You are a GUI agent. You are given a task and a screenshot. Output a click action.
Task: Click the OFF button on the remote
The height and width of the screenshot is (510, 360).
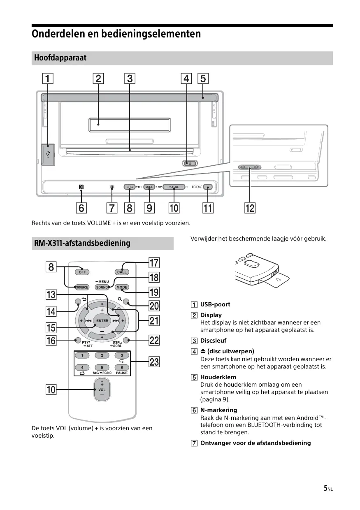[x=82, y=272]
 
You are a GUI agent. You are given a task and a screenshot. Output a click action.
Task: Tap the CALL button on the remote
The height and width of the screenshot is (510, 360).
[x=122, y=272]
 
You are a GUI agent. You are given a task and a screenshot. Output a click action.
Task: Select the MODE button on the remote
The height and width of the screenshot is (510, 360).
[x=122, y=287]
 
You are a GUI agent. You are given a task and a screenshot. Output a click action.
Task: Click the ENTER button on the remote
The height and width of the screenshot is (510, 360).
[x=102, y=320]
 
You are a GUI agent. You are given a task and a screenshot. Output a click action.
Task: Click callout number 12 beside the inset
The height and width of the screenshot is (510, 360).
[x=250, y=208]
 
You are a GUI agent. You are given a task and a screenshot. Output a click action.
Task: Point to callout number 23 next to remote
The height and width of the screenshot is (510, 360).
[x=154, y=362]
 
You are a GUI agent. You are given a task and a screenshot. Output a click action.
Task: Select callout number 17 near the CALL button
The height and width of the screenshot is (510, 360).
[x=154, y=262]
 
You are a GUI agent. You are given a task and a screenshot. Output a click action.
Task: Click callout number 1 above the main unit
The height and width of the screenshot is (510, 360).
[x=48, y=78]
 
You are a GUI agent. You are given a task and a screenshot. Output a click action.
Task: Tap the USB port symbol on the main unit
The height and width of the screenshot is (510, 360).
[x=49, y=155]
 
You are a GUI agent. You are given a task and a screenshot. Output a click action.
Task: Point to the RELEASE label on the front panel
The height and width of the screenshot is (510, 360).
[x=197, y=187]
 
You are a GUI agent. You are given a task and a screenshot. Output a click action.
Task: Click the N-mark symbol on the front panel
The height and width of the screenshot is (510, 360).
[x=81, y=187]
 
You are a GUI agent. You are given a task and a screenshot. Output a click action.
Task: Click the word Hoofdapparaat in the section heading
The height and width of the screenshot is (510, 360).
[x=60, y=58]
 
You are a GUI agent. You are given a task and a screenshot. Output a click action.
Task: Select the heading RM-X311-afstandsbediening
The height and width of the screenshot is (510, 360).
[x=82, y=243]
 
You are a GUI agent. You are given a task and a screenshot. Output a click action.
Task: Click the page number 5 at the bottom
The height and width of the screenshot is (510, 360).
[x=325, y=488]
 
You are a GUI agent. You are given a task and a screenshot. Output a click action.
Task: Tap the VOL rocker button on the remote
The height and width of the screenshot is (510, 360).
[x=102, y=389]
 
